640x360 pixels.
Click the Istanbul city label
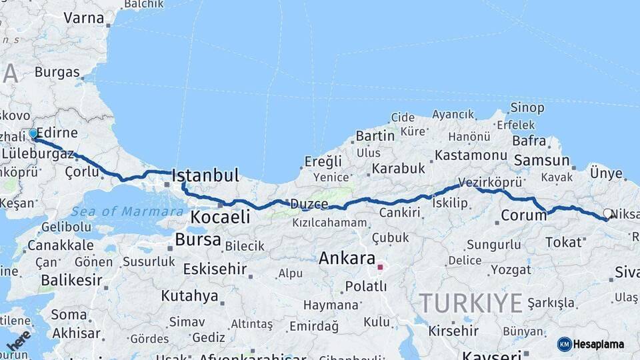tap(205, 176)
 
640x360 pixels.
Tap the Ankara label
tap(347, 258)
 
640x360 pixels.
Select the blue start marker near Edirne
tap(33, 133)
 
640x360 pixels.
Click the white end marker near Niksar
tap(607, 214)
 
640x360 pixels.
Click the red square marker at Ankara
tap(380, 267)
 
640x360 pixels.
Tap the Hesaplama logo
tap(591, 344)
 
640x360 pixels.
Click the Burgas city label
tap(57, 72)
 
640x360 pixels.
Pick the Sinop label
tap(527, 107)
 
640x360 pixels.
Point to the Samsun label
tap(541, 161)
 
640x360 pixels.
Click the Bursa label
tap(198, 239)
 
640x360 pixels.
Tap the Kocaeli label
tap(220, 217)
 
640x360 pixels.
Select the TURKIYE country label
tap(470, 303)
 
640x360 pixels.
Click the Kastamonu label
tap(471, 155)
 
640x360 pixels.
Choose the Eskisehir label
tap(215, 270)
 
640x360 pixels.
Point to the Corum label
tap(523, 215)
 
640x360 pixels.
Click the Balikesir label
tap(69, 280)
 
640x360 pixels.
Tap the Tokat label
tap(563, 242)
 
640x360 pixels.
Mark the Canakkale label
tap(60, 245)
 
